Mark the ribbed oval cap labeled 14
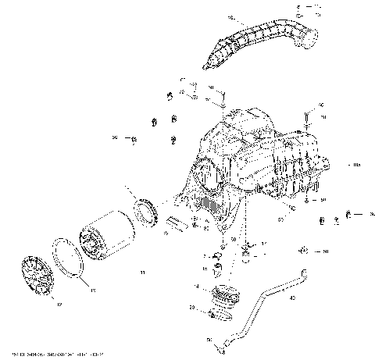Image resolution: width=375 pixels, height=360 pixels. tap(227, 298)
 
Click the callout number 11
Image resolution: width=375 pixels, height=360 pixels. tap(141, 272)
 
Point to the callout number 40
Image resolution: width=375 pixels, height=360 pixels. tap(291, 298)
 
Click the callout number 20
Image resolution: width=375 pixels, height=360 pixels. tap(191, 308)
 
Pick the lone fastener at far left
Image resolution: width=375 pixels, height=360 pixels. tap(133, 141)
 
